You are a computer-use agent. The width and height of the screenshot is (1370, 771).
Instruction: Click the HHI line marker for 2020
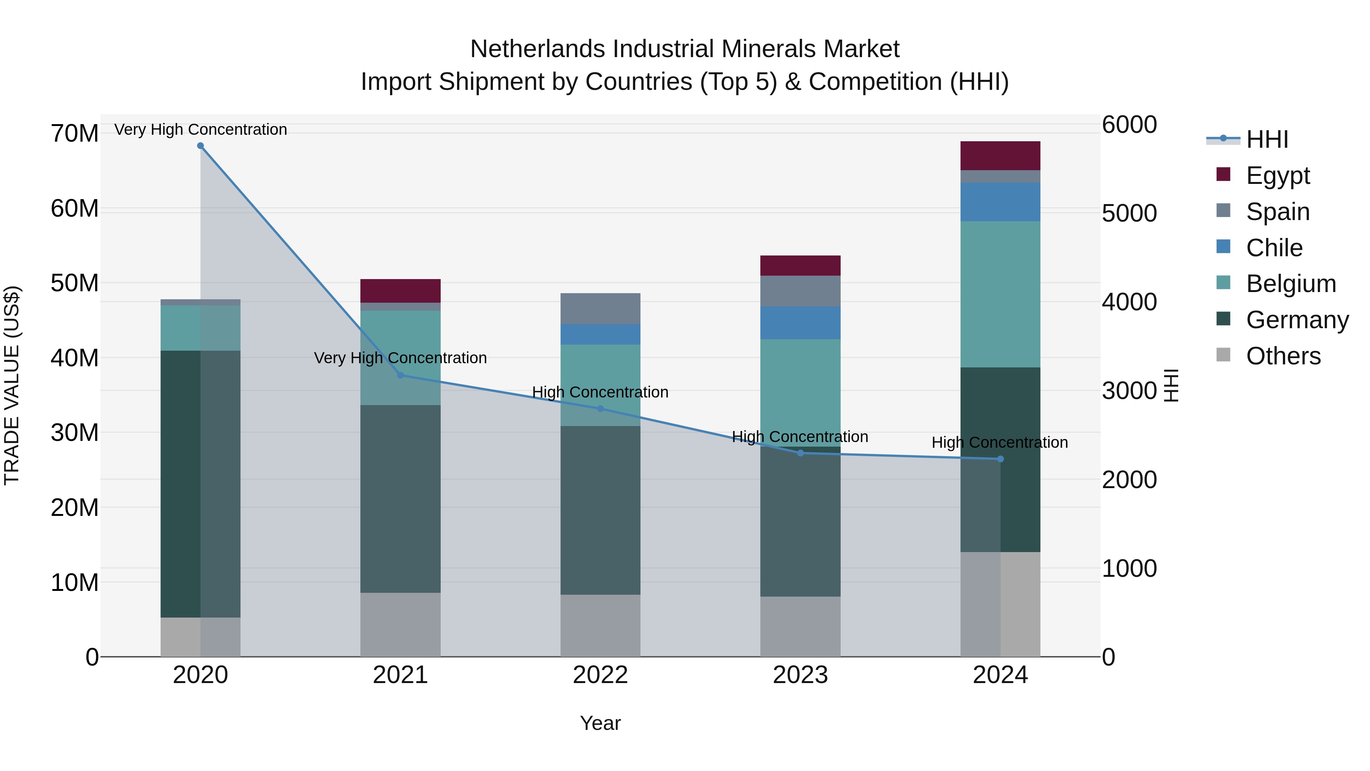[x=201, y=146]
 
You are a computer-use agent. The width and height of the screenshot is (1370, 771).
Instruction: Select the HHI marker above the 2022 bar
[x=601, y=409]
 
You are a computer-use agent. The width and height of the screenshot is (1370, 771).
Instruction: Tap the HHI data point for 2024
[x=1000, y=459]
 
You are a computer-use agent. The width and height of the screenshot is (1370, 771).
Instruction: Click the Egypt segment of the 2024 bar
[x=1000, y=156]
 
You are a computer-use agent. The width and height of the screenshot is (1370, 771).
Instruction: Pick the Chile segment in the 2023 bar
[x=800, y=323]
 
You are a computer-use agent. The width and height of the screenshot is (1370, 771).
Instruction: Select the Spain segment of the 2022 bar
[x=601, y=309]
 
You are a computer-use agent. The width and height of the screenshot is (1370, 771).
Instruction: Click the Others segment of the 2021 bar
[x=400, y=625]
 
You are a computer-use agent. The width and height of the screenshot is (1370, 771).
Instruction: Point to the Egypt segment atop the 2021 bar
[x=400, y=291]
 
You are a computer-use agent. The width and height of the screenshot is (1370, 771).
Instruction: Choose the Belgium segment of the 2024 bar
[x=1000, y=294]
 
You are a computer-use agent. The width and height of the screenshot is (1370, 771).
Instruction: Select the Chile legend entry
[x=1274, y=248]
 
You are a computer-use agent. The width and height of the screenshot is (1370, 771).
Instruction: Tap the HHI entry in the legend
[x=1267, y=139]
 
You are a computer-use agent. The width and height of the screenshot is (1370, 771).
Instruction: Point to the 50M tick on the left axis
[x=75, y=283]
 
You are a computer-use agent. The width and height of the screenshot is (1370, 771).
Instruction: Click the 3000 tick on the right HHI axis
[x=1129, y=391]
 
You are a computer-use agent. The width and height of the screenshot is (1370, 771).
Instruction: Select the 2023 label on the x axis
[x=800, y=675]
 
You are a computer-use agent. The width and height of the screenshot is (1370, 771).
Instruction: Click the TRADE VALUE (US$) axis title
[x=12, y=385]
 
